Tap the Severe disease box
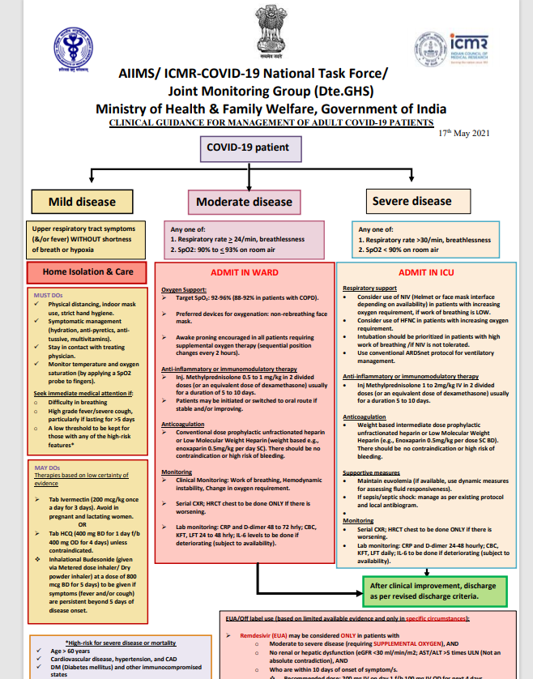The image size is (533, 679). coord(411,201)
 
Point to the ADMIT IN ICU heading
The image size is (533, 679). coord(425,273)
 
